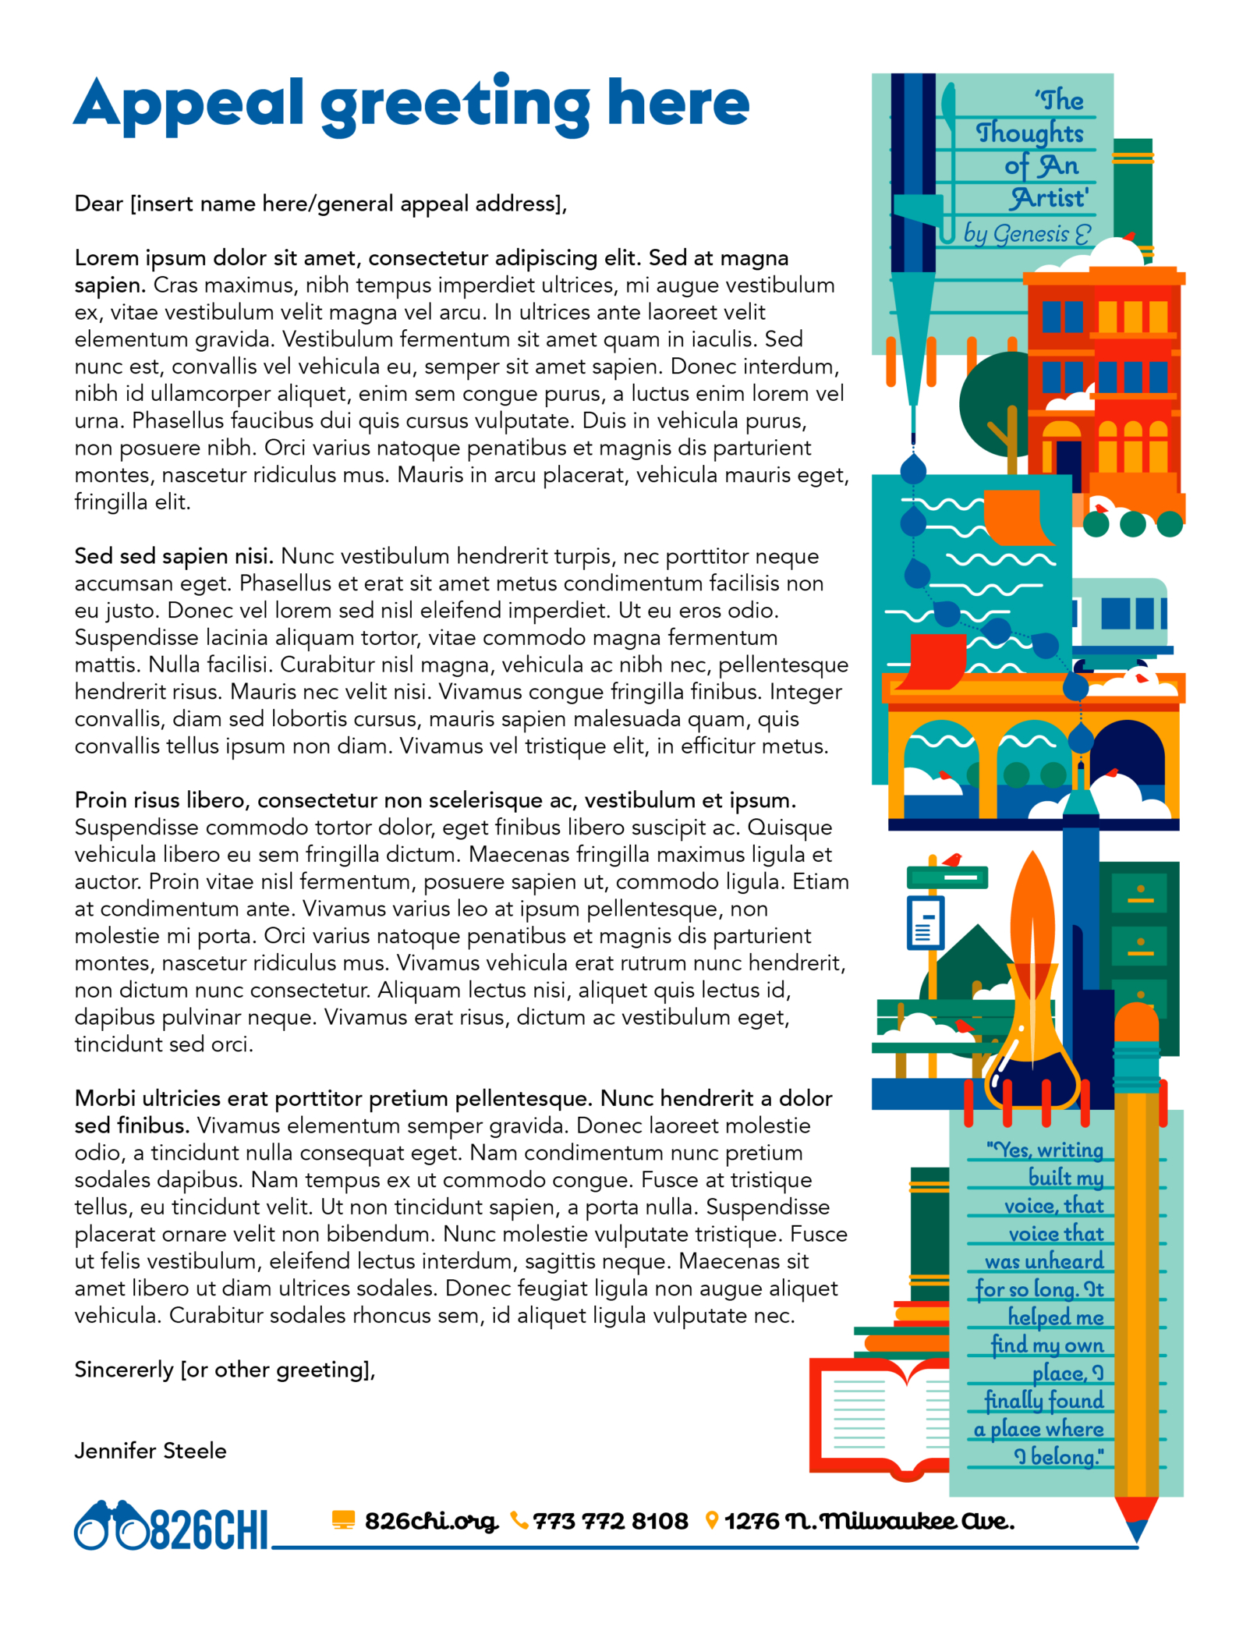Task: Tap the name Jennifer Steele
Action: click(150, 1451)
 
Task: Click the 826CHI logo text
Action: click(208, 1529)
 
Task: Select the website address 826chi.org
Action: click(430, 1521)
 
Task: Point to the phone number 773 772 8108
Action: click(611, 1521)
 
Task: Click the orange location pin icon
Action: click(711, 1520)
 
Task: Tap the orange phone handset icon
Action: click(519, 1520)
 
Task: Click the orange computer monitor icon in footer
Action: click(343, 1519)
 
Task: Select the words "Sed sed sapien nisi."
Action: click(174, 556)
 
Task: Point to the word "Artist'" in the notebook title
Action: click(1050, 199)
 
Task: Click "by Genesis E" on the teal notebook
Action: click(1026, 233)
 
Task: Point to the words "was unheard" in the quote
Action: click(1044, 1261)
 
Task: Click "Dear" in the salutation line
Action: click(99, 204)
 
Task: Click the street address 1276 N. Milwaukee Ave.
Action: click(869, 1521)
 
